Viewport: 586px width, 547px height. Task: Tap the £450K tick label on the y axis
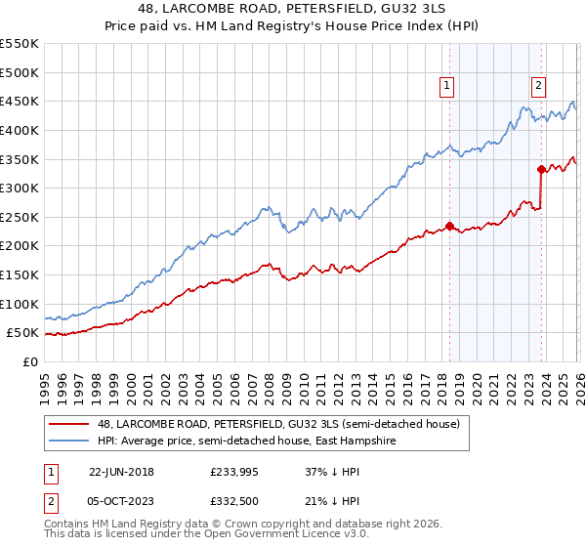pyautogui.click(x=20, y=101)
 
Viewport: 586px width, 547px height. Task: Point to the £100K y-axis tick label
pyautogui.click(x=20, y=304)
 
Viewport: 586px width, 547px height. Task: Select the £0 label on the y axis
pyautogui.click(x=30, y=361)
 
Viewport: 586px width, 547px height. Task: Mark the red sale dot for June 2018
pyautogui.click(x=449, y=226)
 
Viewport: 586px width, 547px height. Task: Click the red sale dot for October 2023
pyautogui.click(x=541, y=169)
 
